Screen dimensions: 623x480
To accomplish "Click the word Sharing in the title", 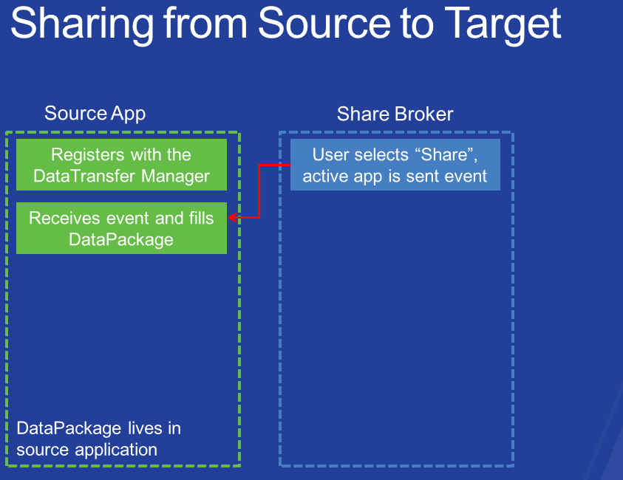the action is (82, 25).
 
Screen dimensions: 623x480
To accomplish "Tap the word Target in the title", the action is (503, 25).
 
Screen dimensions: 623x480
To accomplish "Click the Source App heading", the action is (95, 114).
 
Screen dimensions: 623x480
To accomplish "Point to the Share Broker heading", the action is (395, 114).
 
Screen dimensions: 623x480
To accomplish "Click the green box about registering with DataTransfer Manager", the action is (122, 165).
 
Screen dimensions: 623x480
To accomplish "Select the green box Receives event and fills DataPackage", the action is (122, 228).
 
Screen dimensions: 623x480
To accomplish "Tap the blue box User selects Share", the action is (395, 165).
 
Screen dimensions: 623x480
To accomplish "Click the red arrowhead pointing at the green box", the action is (233, 217).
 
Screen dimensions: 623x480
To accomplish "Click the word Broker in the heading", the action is (424, 114).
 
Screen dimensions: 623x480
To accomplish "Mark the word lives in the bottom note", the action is (145, 428).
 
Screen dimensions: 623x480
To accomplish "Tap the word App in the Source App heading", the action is (129, 114).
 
